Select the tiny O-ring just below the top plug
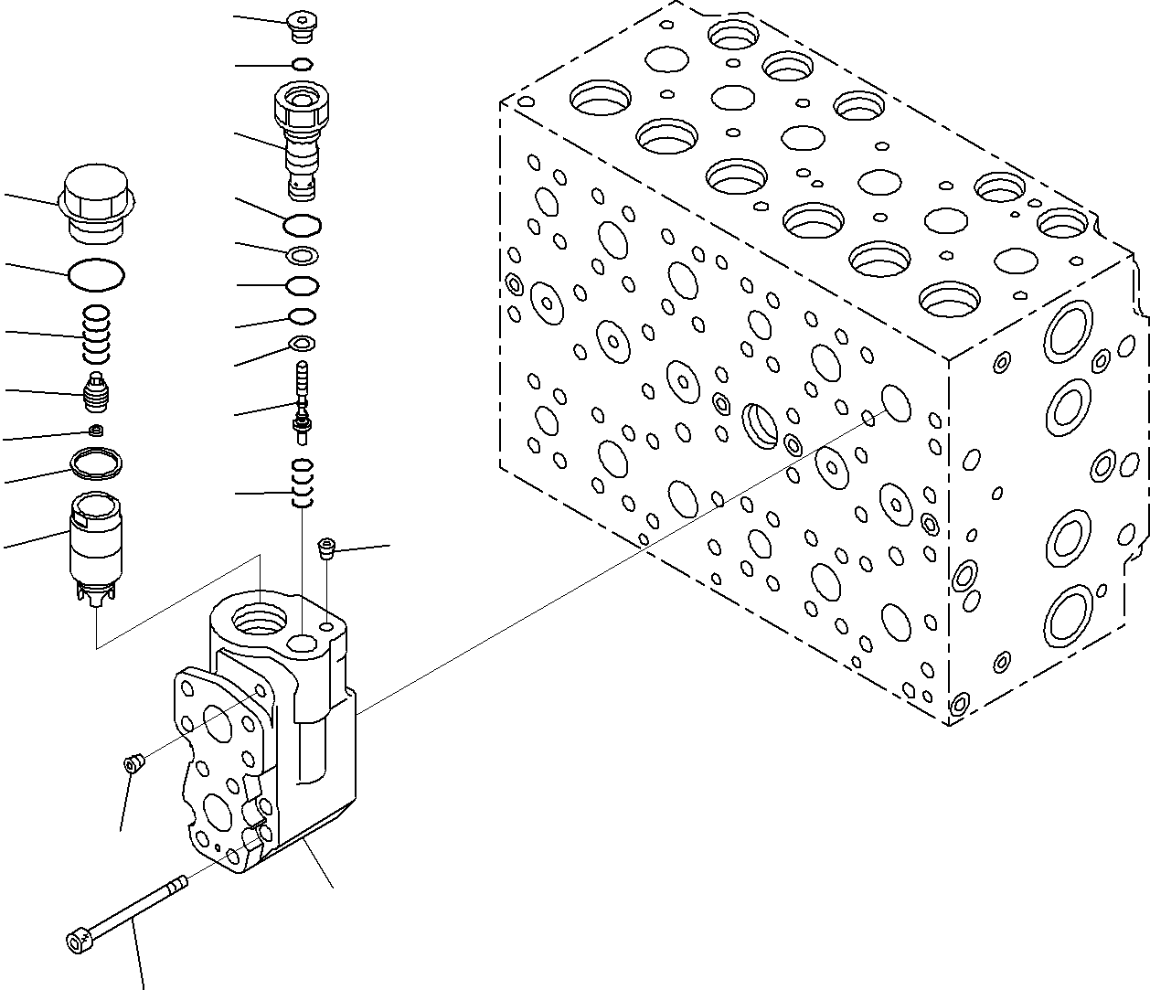[x=303, y=64]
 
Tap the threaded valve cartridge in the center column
[x=301, y=137]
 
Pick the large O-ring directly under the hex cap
[x=97, y=273]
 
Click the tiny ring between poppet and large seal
[x=95, y=430]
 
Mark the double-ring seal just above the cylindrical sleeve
[x=97, y=463]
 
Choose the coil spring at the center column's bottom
[x=302, y=483]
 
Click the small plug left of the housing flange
[x=133, y=762]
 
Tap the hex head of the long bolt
[x=77, y=939]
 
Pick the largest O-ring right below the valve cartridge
[x=303, y=224]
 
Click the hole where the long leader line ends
[x=896, y=403]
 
